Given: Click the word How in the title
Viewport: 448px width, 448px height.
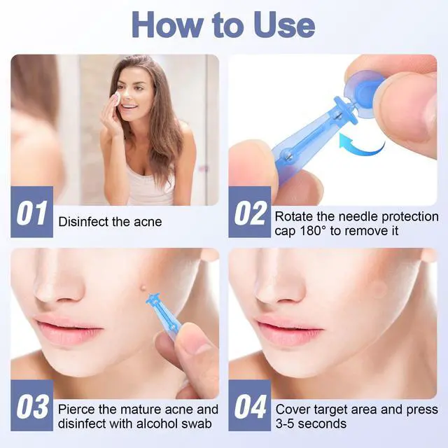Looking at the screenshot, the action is [168, 25].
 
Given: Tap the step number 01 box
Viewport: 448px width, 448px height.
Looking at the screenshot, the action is [31, 211].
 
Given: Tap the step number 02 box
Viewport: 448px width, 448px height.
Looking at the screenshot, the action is [249, 211].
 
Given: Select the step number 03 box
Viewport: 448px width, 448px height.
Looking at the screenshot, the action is [31, 405].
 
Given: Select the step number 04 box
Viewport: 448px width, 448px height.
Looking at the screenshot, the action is [249, 405].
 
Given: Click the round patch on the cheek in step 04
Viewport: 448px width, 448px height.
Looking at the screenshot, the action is [379, 289].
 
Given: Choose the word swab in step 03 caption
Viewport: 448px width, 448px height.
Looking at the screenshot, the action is [197, 423].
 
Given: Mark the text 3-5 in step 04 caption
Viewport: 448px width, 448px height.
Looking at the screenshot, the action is [286, 423].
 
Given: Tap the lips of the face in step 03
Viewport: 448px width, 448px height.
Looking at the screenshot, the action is [66, 328].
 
